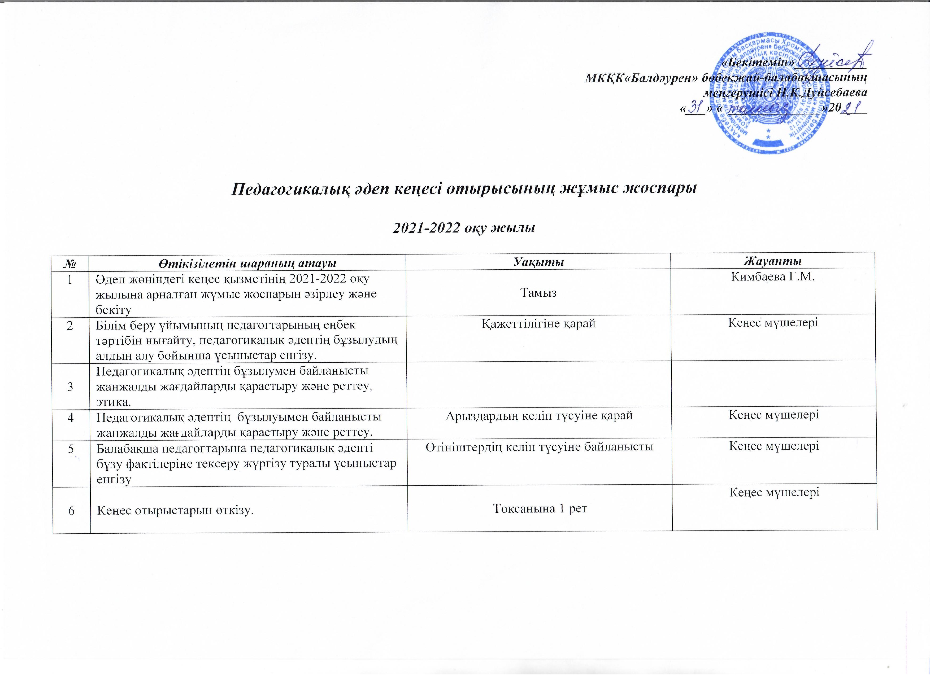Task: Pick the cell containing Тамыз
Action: click(x=538, y=292)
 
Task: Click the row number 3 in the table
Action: click(x=71, y=386)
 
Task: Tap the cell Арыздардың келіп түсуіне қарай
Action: click(x=539, y=415)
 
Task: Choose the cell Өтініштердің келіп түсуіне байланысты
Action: click(x=539, y=447)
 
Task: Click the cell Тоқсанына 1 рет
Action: click(x=540, y=509)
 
